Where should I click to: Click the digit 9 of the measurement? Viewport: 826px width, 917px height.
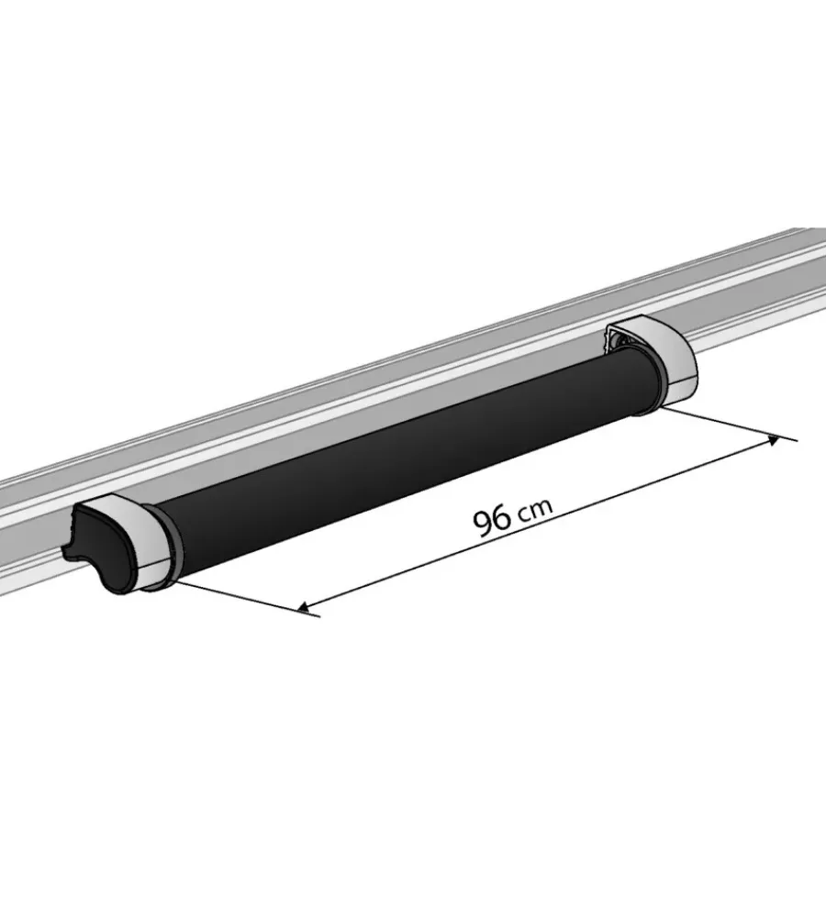[x=483, y=524]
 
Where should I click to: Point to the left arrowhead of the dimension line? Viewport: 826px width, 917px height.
[x=304, y=608]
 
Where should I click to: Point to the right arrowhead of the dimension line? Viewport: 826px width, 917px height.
[x=773, y=440]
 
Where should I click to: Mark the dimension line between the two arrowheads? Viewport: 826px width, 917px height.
[x=539, y=524]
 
